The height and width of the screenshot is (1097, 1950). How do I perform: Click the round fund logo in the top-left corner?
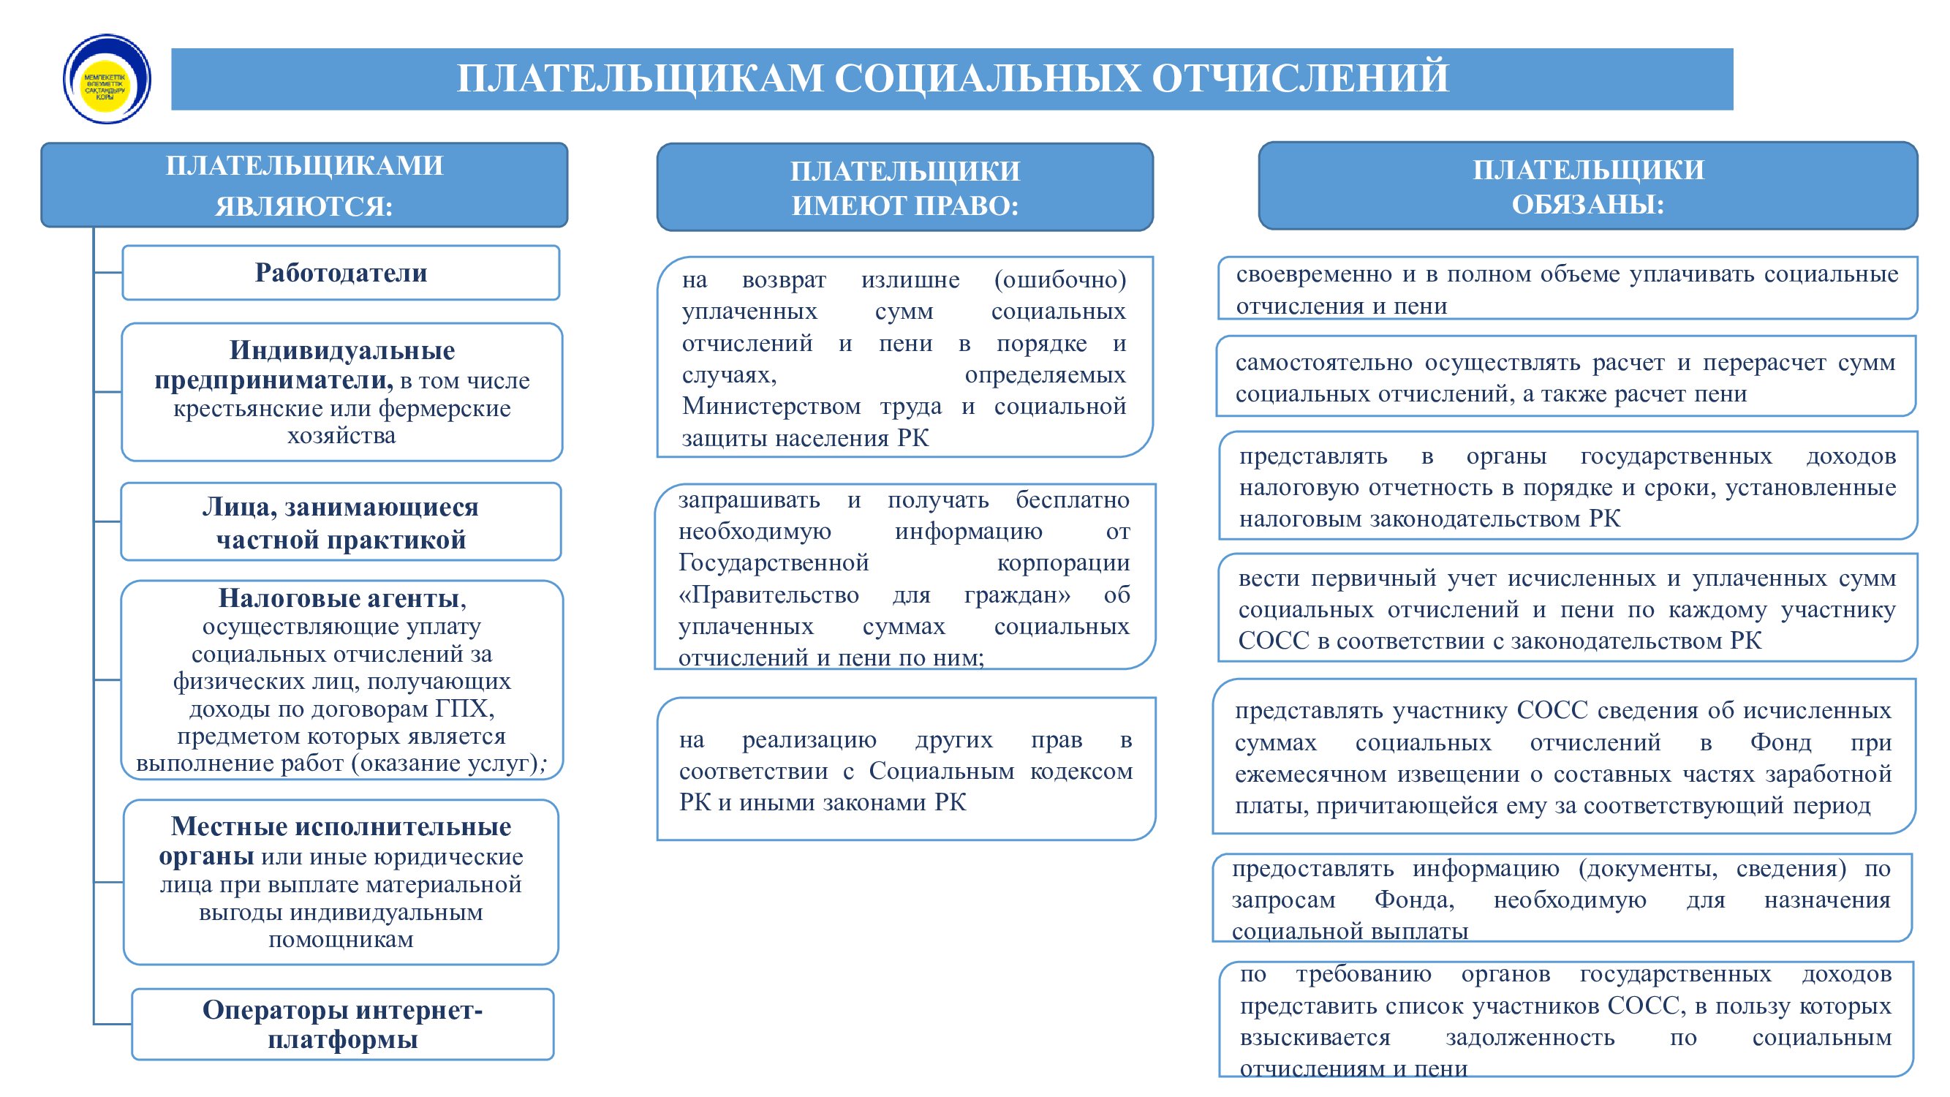tap(107, 79)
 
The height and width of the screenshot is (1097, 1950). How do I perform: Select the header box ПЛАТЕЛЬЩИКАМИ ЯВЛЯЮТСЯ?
tap(303, 185)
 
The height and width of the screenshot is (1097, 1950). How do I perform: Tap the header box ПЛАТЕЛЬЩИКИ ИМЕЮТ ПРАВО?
tap(904, 188)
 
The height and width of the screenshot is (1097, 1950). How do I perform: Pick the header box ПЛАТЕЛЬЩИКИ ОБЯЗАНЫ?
tap(1587, 186)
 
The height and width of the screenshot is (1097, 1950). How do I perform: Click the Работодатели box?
tap(341, 273)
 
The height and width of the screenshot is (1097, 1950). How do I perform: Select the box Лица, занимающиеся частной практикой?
tap(341, 522)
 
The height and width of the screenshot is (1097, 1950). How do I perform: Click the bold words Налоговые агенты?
tap(339, 598)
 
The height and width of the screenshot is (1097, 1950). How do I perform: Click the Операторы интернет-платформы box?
tap(342, 1024)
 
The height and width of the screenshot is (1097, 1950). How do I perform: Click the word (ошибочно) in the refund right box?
tap(1059, 279)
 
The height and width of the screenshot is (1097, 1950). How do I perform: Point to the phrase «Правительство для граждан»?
tap(874, 595)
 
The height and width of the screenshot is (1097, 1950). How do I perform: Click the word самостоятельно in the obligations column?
tap(1323, 363)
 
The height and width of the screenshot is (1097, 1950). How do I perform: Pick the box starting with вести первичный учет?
tap(1566, 608)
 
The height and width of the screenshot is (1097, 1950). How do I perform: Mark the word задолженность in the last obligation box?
tap(1530, 1037)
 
